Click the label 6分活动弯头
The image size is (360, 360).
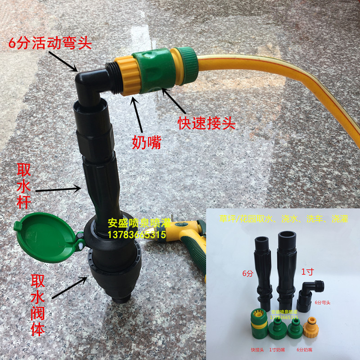(x=50, y=44)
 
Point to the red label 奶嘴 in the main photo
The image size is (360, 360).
(x=146, y=143)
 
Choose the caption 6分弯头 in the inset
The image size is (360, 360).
(x=323, y=302)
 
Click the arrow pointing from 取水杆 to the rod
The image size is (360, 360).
(x=58, y=190)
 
